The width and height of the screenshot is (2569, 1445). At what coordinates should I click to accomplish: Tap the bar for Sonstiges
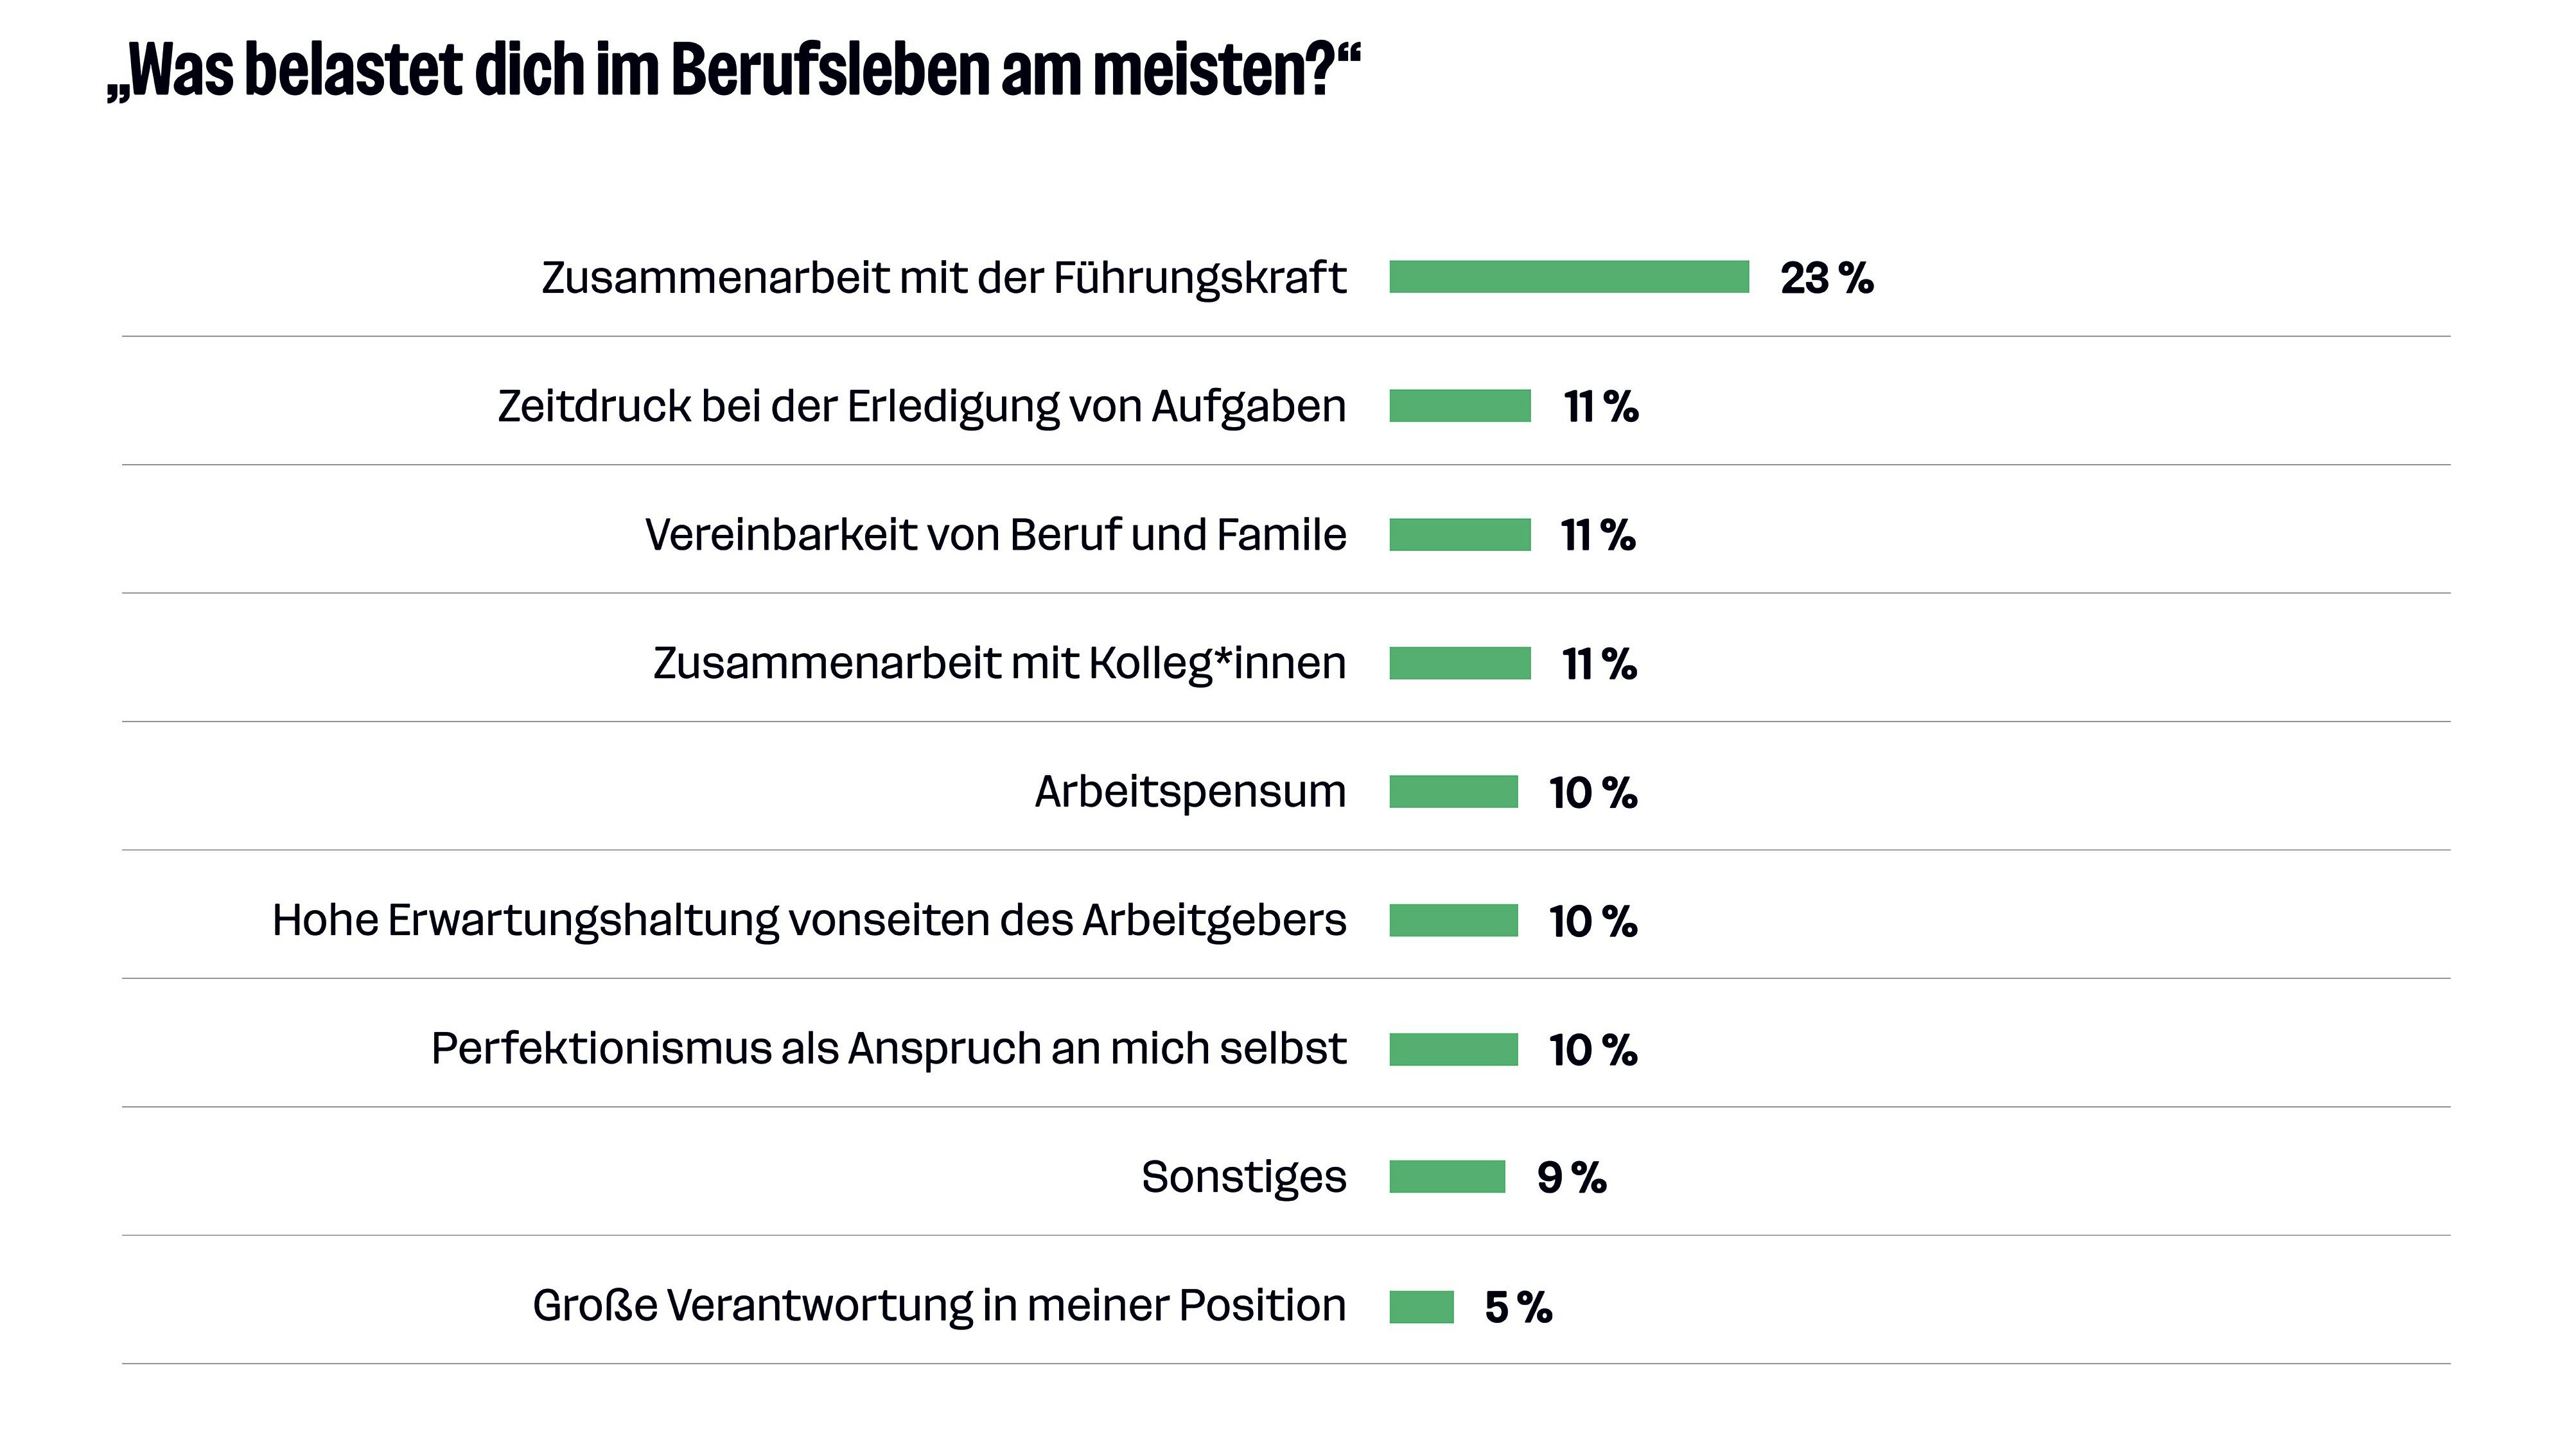pyautogui.click(x=1446, y=1177)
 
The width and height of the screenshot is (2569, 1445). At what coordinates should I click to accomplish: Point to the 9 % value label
pyautogui.click(x=1571, y=1178)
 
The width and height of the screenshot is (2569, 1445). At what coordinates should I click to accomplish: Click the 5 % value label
pyautogui.click(x=1517, y=1308)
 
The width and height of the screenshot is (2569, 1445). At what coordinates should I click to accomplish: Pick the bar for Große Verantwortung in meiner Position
pyautogui.click(x=1421, y=1306)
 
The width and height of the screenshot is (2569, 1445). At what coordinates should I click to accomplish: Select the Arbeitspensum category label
pyautogui.click(x=1189, y=792)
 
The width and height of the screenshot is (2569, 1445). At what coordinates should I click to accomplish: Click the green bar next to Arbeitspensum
pyautogui.click(x=1453, y=792)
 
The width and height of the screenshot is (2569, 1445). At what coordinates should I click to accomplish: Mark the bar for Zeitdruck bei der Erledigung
pyautogui.click(x=1459, y=406)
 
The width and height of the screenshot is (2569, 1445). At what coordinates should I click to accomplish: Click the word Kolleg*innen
pyautogui.click(x=1216, y=663)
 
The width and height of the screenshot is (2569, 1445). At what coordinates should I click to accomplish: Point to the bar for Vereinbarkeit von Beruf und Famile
pyautogui.click(x=1459, y=534)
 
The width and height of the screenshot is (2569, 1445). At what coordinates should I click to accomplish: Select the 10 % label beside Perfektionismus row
pyautogui.click(x=1591, y=1050)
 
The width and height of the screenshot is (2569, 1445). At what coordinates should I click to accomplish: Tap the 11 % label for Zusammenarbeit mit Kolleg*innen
pyautogui.click(x=1598, y=664)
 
